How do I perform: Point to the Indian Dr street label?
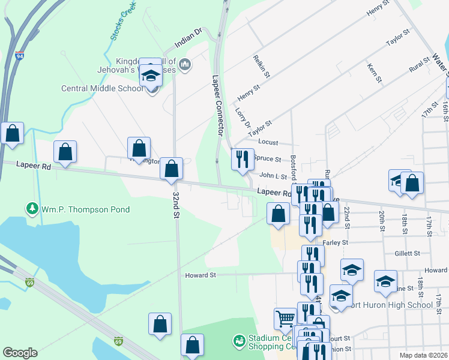[x=190, y=38]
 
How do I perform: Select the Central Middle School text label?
[x=103, y=89]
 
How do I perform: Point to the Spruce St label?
[x=267, y=159]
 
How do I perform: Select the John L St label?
[x=273, y=175]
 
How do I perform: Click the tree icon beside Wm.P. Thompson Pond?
[x=31, y=209]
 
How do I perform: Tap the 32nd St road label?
[x=176, y=206]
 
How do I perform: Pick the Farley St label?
[x=336, y=242]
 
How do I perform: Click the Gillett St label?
[x=407, y=253]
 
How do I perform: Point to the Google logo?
[x=20, y=353]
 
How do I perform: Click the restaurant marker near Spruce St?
[x=243, y=160]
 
